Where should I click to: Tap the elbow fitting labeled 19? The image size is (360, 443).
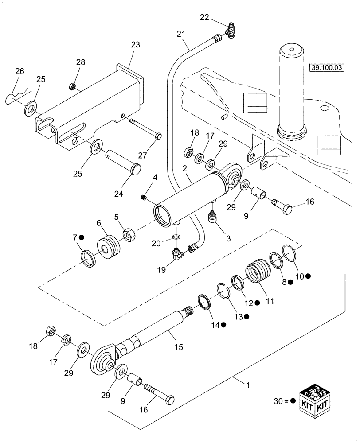(178, 254)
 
